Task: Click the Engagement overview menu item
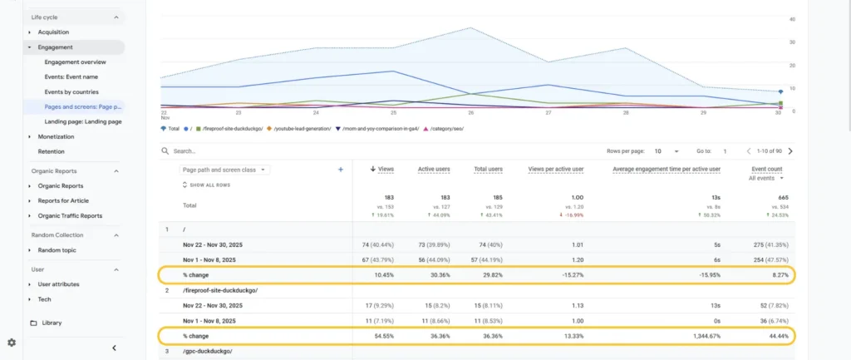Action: [x=75, y=62]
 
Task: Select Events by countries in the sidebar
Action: [x=71, y=92]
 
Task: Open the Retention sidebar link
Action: [x=52, y=151]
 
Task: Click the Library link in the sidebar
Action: [x=52, y=323]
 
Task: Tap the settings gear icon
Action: [x=12, y=343]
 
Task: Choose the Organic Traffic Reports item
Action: [x=70, y=216]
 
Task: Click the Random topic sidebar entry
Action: [x=57, y=250]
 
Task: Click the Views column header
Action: [x=385, y=169]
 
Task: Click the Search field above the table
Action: [x=249, y=151]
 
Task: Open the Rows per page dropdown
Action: [x=667, y=151]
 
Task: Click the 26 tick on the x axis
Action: [x=470, y=112]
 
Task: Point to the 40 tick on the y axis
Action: [x=792, y=18]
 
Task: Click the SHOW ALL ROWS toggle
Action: [x=209, y=185]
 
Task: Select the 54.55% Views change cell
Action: [x=383, y=336]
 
